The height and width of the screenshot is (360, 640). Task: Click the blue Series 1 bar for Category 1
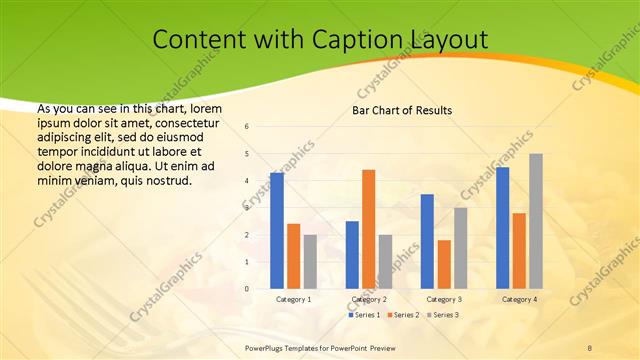point(276,231)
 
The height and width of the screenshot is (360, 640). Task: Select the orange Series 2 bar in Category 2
point(368,229)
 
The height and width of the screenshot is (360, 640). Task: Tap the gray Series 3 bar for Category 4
point(536,221)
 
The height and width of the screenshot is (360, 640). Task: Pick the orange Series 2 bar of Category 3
point(444,264)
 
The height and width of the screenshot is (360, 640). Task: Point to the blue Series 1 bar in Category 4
point(503,228)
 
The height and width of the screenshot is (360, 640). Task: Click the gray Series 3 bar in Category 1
point(310,262)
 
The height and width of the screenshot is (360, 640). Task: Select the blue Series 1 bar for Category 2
point(352,255)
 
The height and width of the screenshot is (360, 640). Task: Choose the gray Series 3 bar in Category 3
point(461,248)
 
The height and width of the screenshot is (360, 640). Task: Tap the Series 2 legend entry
point(403,315)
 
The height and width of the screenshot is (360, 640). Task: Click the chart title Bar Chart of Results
point(402,110)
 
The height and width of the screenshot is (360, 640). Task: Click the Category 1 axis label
point(293,299)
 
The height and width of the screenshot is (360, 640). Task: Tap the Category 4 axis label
point(519,299)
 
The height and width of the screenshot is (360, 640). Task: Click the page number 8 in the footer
point(589,346)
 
